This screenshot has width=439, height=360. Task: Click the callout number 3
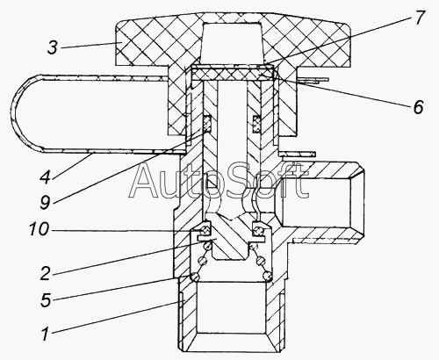[x=53, y=47]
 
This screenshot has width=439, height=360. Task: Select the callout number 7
[x=419, y=18]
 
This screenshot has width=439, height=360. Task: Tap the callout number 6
[x=418, y=106]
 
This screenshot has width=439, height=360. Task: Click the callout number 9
[x=46, y=202]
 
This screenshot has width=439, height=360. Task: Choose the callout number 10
[x=39, y=229]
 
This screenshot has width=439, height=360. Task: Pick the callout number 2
[x=46, y=273]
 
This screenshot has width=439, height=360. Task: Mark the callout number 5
[x=46, y=300]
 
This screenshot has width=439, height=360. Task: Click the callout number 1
[x=45, y=334]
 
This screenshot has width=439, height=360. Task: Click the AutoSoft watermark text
[x=218, y=181]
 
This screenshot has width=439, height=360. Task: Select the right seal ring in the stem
[x=256, y=124]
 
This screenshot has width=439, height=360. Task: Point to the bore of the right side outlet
[x=319, y=203]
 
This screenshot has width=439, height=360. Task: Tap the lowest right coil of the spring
[x=268, y=276]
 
